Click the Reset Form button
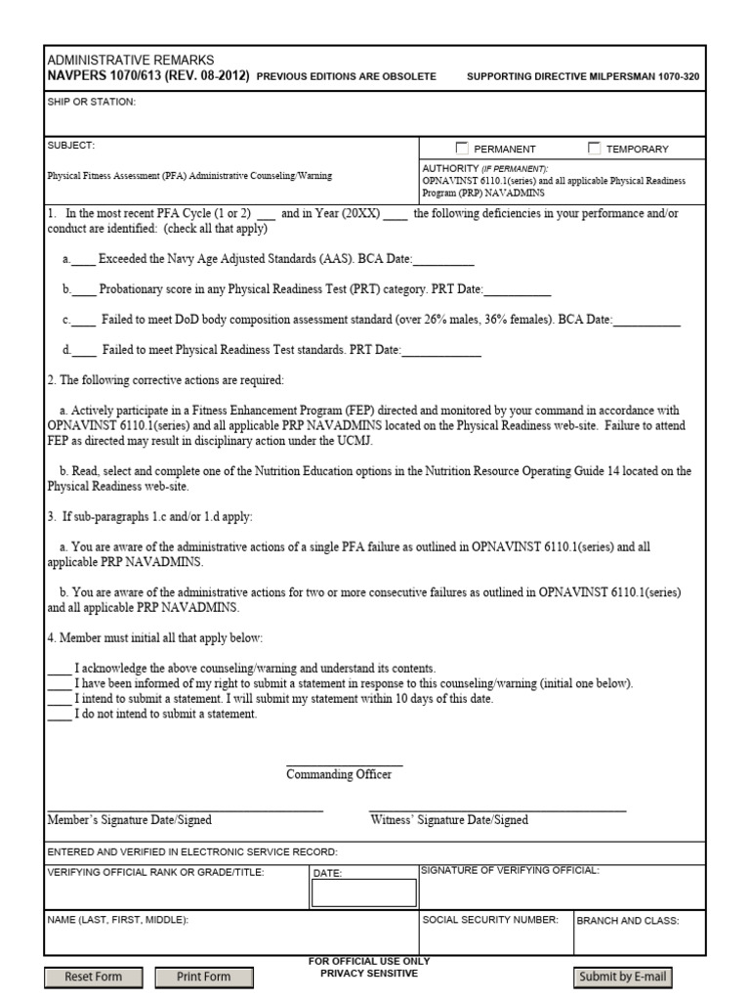[93, 977]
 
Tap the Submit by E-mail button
[622, 977]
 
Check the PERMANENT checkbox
[462, 149]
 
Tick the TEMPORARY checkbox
[594, 149]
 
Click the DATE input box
[363, 892]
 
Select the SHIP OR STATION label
[92, 102]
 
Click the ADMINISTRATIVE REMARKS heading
[130, 61]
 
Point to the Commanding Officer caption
[339, 774]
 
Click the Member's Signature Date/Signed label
[129, 820]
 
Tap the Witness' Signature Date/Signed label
[449, 820]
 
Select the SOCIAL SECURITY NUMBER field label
[489, 920]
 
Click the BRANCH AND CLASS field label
[627, 920]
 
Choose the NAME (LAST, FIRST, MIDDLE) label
[117, 920]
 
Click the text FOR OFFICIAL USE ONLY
[368, 961]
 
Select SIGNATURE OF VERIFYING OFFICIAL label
[510, 869]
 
